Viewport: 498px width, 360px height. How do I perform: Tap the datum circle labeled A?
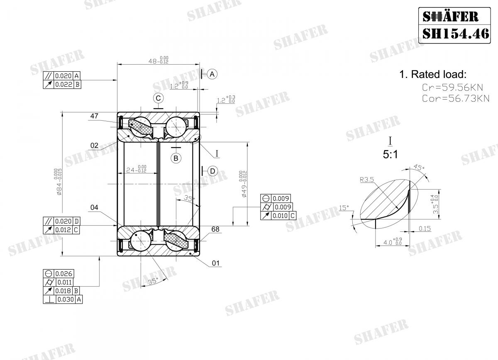tap(212, 74)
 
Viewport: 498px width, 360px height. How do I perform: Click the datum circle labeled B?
tap(176, 158)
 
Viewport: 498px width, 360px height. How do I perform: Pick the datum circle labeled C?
tap(158, 98)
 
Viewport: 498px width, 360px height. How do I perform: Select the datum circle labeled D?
tap(212, 171)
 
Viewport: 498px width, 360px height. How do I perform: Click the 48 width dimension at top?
tap(158, 61)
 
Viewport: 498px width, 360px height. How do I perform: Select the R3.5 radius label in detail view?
tap(367, 180)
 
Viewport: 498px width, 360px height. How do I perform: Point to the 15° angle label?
tap(344, 207)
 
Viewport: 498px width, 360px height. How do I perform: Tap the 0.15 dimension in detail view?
tap(425, 228)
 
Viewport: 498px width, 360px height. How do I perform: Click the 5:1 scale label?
tap(390, 155)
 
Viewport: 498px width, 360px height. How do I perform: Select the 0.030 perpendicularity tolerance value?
tap(65, 299)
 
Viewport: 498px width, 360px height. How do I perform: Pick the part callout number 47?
tap(94, 116)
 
